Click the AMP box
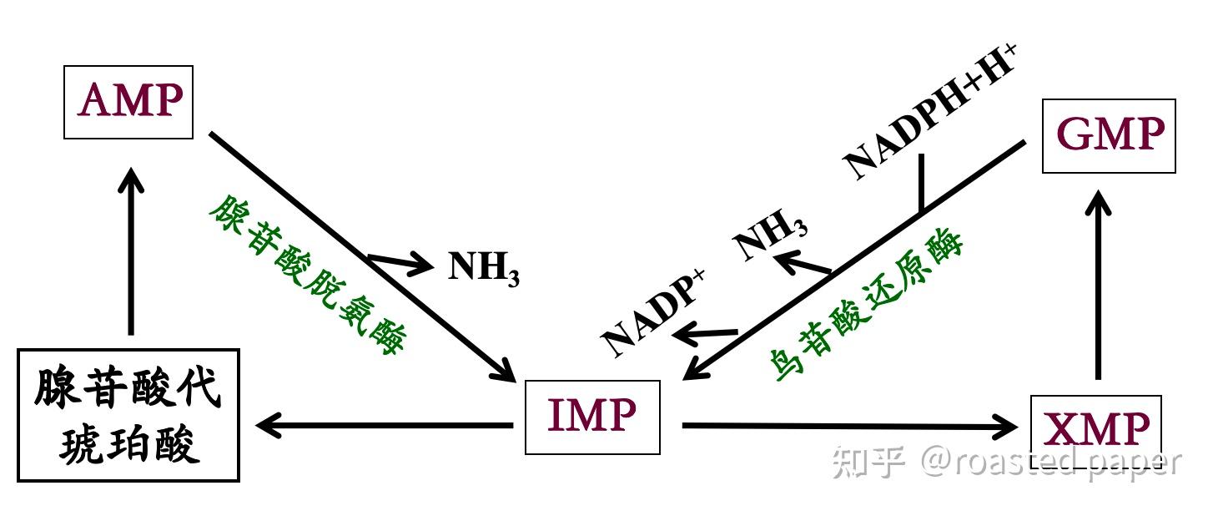(x=128, y=102)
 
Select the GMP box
(x=1109, y=135)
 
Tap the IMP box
(x=592, y=417)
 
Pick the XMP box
(x=1096, y=430)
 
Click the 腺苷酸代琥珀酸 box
(x=128, y=415)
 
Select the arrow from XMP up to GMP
(x=1100, y=284)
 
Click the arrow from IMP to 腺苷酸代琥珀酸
(x=384, y=426)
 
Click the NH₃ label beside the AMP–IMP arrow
(x=484, y=268)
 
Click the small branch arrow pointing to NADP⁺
(x=706, y=335)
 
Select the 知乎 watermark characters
(x=868, y=462)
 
